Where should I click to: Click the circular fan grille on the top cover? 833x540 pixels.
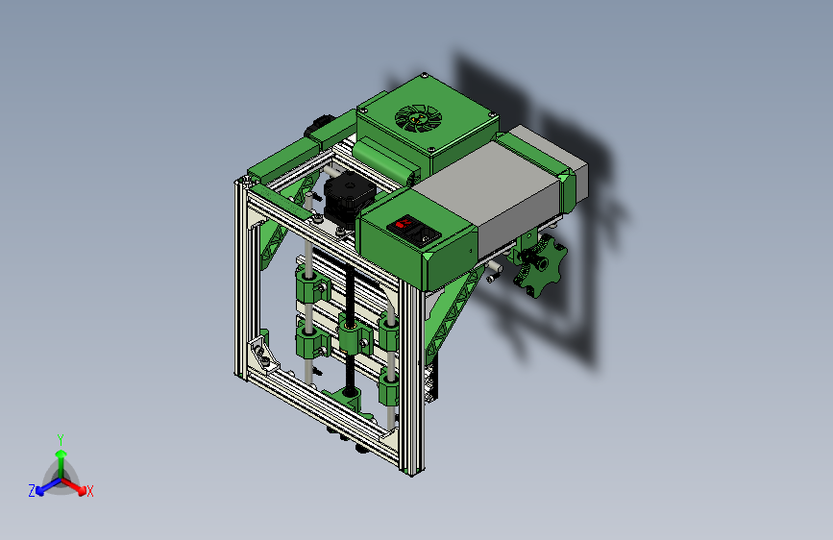(418, 118)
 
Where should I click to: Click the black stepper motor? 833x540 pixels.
(348, 198)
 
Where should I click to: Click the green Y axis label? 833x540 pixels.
(61, 440)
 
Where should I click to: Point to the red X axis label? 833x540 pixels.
(89, 492)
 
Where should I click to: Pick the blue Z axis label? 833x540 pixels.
(32, 491)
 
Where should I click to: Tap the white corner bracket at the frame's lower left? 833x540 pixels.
(264, 356)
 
